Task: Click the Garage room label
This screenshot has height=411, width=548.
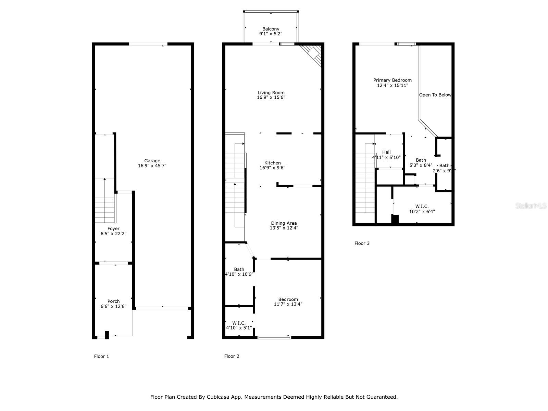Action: click(x=152, y=161)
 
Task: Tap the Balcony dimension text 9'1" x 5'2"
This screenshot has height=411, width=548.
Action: click(x=271, y=34)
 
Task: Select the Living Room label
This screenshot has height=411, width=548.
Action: click(x=271, y=92)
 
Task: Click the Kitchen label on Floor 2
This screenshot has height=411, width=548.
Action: click(x=272, y=163)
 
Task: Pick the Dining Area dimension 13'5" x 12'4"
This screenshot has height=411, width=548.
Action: click(x=284, y=228)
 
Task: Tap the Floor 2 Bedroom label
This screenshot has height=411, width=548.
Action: click(x=288, y=299)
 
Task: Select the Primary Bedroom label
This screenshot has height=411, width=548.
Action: click(x=392, y=80)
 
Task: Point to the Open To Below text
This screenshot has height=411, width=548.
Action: click(x=435, y=95)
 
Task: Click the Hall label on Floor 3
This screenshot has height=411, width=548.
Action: click(x=386, y=152)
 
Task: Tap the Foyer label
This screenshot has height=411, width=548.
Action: click(x=113, y=228)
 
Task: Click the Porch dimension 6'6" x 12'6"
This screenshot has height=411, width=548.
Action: click(x=113, y=307)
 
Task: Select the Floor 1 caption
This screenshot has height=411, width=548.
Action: click(x=101, y=356)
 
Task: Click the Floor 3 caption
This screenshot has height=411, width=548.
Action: click(x=362, y=243)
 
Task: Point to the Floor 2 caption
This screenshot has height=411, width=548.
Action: click(x=232, y=356)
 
